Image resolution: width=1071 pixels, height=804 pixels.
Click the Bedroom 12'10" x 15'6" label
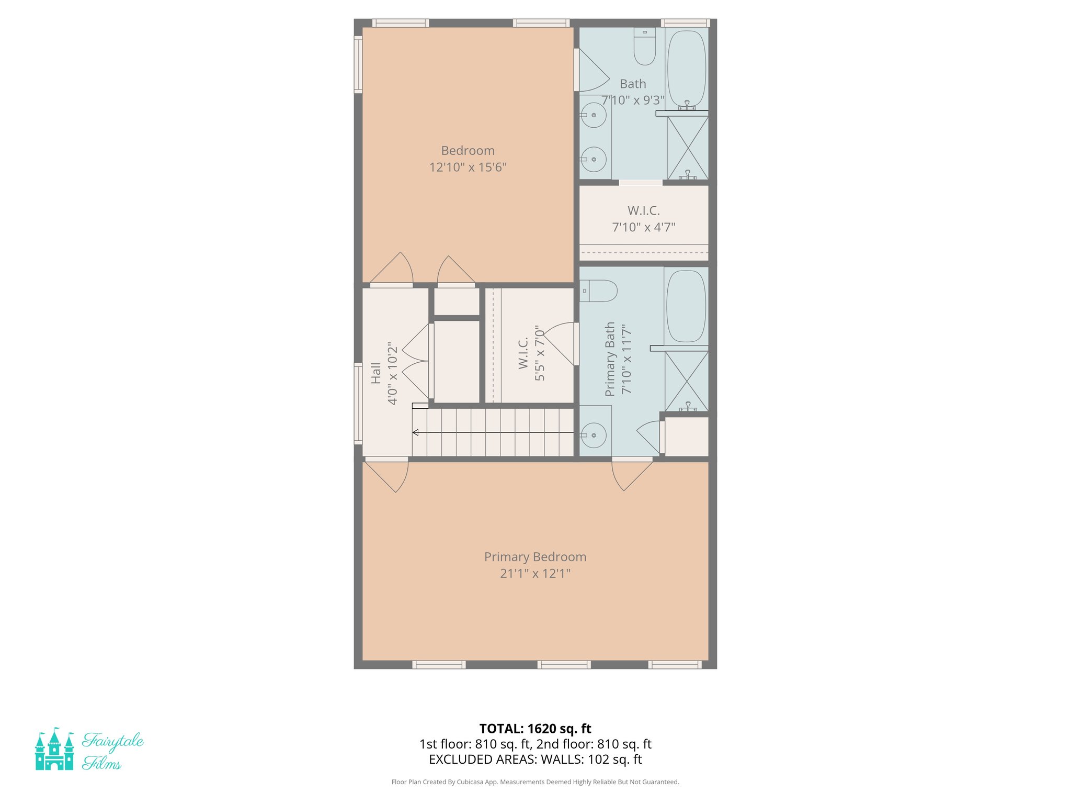[x=468, y=159]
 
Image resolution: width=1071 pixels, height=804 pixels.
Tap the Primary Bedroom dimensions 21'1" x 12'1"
[x=535, y=573]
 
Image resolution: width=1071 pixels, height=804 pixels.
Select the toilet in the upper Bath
[x=644, y=47]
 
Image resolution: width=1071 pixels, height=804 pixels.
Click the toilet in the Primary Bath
[x=600, y=291]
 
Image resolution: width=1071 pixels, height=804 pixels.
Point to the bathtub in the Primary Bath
[x=686, y=306]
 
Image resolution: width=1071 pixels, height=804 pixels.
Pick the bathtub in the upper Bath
[x=687, y=68]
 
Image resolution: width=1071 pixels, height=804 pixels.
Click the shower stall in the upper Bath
[x=688, y=148]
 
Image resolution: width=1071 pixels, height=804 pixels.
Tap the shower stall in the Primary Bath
[x=687, y=381]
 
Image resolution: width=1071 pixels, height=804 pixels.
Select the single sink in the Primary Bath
[x=594, y=435]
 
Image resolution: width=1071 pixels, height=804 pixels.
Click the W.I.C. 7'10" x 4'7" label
[x=644, y=219]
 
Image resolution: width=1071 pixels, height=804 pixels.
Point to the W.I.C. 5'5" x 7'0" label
[x=531, y=353]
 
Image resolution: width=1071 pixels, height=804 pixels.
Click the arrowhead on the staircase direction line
[x=415, y=432]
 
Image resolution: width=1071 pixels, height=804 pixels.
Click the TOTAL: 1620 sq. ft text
[x=535, y=729]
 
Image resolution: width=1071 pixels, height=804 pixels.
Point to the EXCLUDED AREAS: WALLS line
[x=535, y=760]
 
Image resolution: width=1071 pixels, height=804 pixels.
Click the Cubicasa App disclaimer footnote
[x=535, y=782]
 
